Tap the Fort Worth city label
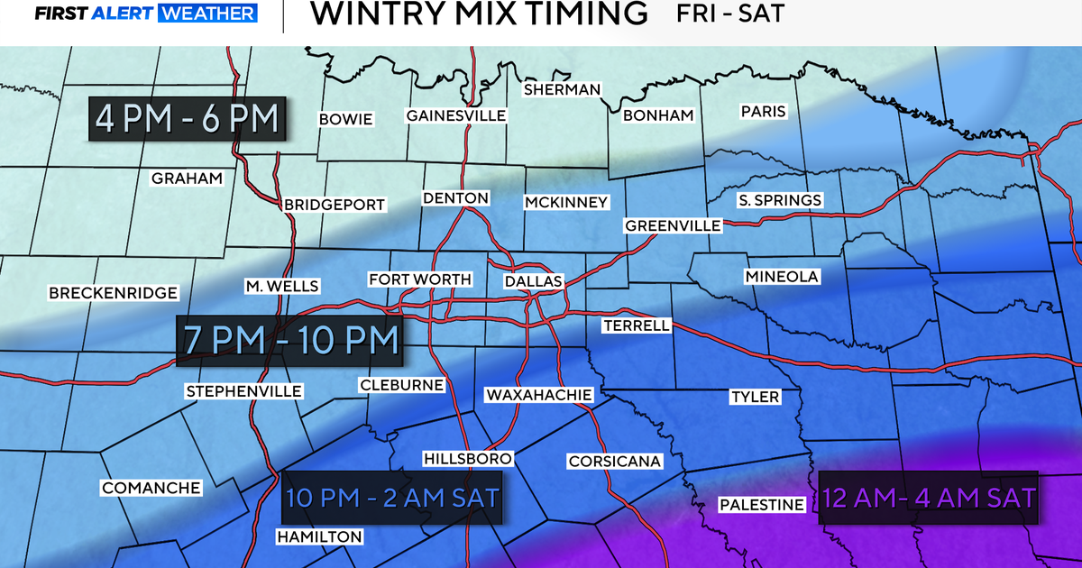420,279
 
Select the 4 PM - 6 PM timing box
188,119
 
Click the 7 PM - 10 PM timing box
289,340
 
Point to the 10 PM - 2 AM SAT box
392,498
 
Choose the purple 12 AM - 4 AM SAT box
929,498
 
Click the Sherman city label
562,89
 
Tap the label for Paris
764,112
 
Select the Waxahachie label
538,395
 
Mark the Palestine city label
761,505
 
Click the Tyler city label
755,397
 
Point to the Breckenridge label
114,293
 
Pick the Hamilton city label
320,537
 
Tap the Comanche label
151,488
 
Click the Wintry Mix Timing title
478,14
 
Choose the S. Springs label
780,200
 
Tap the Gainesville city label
456,115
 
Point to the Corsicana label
615,462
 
